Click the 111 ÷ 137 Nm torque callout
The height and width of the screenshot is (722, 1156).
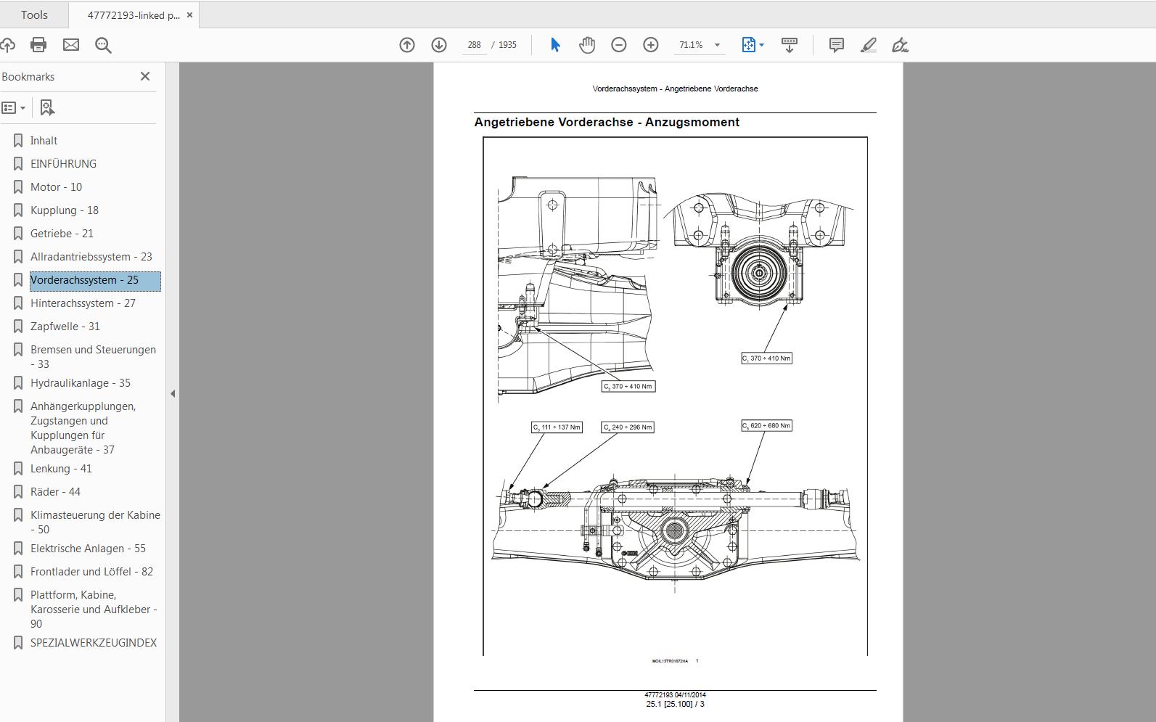557,427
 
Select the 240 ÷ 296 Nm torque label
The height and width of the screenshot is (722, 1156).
628,427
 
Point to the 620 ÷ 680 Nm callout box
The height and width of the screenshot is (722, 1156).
766,425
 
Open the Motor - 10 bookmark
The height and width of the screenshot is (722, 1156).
56,187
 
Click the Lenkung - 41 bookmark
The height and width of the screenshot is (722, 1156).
61,469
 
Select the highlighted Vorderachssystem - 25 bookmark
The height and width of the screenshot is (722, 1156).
84,280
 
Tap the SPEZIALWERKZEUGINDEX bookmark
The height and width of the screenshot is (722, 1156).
93,643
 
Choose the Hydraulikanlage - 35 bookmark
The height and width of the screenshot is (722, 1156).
80,383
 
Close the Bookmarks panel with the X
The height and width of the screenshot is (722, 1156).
145,76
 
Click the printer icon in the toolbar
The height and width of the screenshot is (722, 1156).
38,45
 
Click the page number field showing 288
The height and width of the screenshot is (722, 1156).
474,45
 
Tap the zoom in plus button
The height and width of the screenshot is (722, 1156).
651,45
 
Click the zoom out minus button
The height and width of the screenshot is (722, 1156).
619,45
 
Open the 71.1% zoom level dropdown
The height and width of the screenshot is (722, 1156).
717,45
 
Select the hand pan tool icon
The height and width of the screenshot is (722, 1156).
587,45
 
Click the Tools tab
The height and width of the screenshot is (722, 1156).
34,15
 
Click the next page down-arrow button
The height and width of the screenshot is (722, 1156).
439,45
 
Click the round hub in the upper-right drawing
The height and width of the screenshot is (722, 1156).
758,272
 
